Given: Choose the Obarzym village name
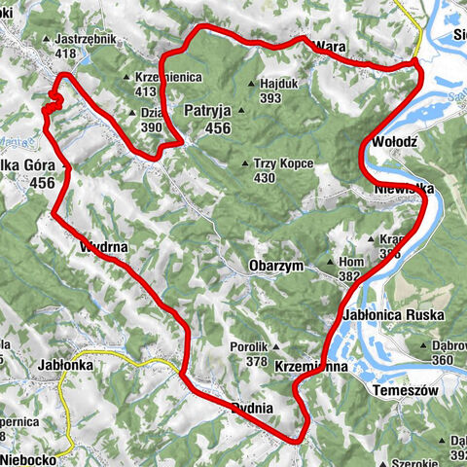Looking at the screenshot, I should click(x=277, y=265).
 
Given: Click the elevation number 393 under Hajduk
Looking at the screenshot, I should click(x=271, y=97).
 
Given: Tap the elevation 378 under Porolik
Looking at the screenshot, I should click(x=257, y=361).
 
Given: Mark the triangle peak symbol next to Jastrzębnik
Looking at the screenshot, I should click(x=47, y=40).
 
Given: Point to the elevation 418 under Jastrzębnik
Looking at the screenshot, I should click(x=66, y=54).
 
